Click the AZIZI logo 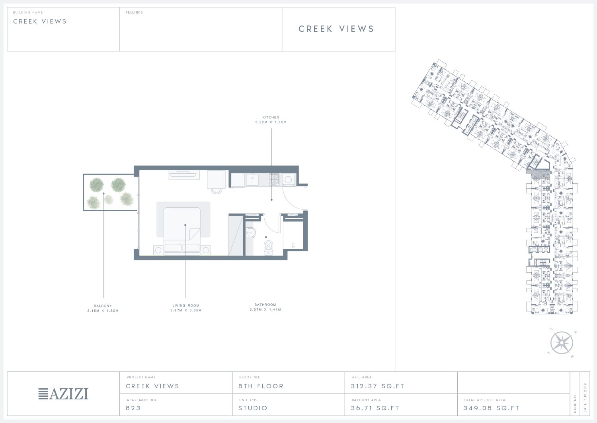point(63,393)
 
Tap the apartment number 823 point(133,408)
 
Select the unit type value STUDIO point(253,408)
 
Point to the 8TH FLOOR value point(261,386)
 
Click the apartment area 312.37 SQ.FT point(378,386)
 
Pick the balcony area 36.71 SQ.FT point(375,408)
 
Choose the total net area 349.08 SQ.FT point(492,408)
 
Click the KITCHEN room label point(271,117)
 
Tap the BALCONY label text point(103,306)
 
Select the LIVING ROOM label point(186,305)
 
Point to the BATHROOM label point(265,305)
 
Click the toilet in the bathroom point(268,248)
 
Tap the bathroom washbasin point(250,232)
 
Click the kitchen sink point(252,180)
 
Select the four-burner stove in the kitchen point(274,179)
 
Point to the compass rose point(562,343)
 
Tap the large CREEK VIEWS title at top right point(336,29)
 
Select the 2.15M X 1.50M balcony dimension point(103,311)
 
